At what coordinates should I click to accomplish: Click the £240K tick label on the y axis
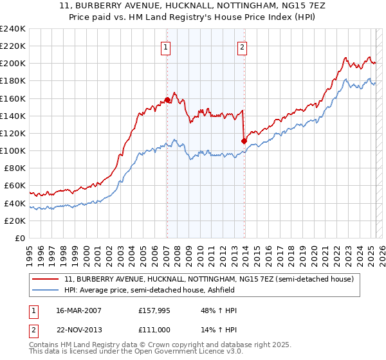(13, 29)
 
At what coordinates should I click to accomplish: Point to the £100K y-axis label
(13, 150)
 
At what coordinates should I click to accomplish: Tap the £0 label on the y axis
(21, 238)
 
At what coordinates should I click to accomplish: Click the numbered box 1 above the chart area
(166, 46)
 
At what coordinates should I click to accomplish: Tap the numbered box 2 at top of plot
(243, 46)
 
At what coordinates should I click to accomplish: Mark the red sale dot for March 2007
(167, 100)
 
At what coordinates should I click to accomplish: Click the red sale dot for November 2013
(244, 141)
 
